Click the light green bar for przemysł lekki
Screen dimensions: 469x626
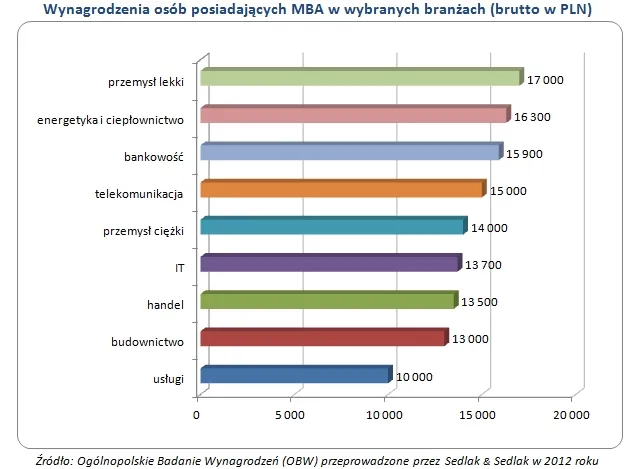coord(360,78)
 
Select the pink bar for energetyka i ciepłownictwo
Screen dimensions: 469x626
coord(354,115)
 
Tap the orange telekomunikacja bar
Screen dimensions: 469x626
coord(342,189)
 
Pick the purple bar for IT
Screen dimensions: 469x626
coord(330,263)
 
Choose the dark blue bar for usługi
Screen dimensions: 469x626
coord(295,376)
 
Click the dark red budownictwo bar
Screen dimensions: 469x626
coord(323,338)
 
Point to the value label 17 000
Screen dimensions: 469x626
coord(546,79)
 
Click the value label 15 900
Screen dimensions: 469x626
coord(524,153)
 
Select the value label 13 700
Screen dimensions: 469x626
coord(484,265)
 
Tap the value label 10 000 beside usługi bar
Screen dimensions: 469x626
coord(412,377)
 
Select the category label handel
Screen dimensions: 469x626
coord(167,304)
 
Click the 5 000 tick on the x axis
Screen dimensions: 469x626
coord(290,414)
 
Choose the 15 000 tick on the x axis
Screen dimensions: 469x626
coord(477,414)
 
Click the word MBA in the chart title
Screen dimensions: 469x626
coord(302,11)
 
